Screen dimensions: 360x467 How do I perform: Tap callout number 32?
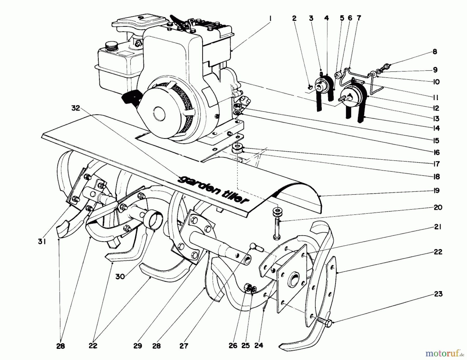pyautogui.click(x=76, y=108)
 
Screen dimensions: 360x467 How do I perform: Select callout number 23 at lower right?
pyautogui.click(x=438, y=294)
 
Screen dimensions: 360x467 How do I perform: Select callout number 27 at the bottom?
pyautogui.click(x=184, y=346)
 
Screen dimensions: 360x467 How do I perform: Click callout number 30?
pyautogui.click(x=120, y=276)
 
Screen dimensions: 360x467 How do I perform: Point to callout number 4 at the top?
pyautogui.click(x=326, y=18)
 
